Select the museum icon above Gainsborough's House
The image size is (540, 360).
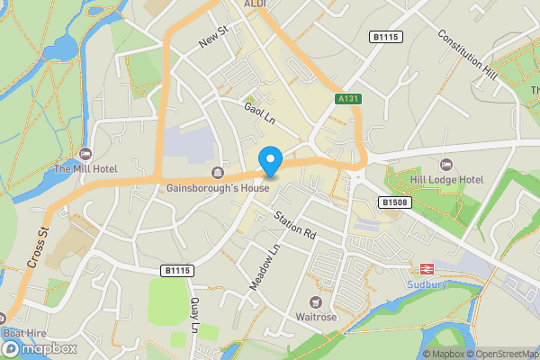point(217,173)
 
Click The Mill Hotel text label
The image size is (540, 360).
point(85,168)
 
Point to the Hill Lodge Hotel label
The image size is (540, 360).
point(446,180)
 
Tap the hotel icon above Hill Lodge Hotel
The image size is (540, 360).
point(446,165)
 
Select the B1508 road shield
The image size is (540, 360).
point(392,203)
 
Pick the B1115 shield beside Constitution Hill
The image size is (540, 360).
point(386,36)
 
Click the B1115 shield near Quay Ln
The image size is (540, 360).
point(178,270)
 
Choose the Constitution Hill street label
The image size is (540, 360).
point(466,53)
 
